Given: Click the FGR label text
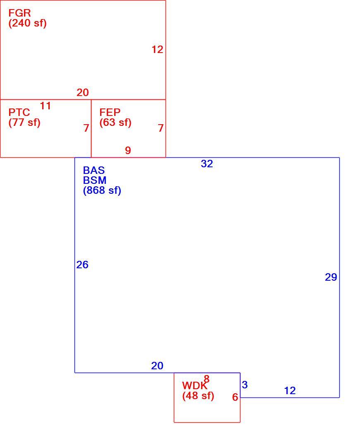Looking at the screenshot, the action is point(19,13).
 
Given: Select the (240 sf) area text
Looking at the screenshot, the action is point(27,23).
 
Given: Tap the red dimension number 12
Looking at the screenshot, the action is point(157,49).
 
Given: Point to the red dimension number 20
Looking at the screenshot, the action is point(83,92).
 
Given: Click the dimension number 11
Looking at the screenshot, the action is point(45,106).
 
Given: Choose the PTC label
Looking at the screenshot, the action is point(19,113).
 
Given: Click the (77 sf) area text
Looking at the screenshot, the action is point(24,123).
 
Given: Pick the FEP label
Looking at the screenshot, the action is point(110,112).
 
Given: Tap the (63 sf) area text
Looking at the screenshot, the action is point(115,122).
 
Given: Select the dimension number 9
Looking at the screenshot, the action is point(128,150).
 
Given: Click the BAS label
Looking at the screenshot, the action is point(94,170).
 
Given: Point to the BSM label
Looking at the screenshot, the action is point(95,180).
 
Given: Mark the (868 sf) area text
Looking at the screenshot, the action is point(102,190).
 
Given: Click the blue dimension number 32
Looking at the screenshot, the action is point(206,164).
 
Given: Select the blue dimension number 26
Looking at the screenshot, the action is point(82,265).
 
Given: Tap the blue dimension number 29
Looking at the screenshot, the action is point(331,277).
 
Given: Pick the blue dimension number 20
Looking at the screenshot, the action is point(157,366).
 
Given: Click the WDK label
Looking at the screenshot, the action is point(194,385).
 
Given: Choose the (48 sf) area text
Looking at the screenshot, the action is point(198,396).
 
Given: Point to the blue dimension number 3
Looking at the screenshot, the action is point(245,385).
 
